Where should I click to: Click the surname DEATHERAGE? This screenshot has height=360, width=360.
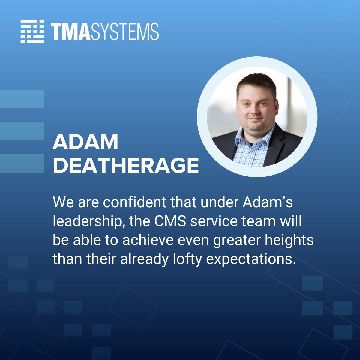(126, 165)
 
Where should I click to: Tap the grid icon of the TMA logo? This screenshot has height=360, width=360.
(32, 31)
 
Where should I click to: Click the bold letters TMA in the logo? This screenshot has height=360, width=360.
(70, 31)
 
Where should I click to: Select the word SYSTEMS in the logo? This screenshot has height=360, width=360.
(124, 31)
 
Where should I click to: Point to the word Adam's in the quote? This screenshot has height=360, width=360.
(268, 202)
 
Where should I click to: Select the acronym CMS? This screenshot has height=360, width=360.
(170, 221)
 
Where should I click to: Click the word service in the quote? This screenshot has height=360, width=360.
(213, 221)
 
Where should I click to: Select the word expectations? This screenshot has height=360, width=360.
(249, 259)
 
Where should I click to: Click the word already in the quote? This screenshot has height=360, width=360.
(144, 259)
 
